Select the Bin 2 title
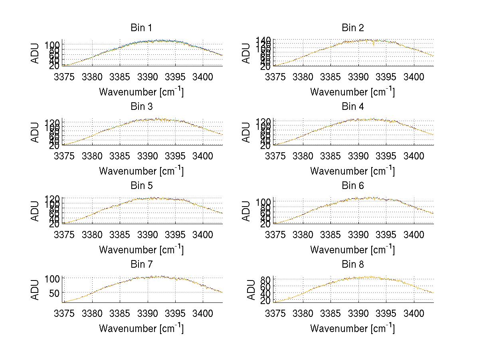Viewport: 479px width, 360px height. [352, 28]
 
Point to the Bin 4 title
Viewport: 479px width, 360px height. [352, 107]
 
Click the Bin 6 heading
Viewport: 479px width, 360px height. [352, 186]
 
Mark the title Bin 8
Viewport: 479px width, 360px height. [352, 265]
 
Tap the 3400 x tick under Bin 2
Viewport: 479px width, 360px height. [414, 77]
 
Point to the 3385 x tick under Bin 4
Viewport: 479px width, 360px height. [330, 155]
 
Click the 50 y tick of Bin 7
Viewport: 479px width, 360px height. [54, 293]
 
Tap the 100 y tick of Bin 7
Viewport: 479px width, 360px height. [52, 278]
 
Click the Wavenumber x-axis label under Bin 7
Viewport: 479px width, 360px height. [141, 328]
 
